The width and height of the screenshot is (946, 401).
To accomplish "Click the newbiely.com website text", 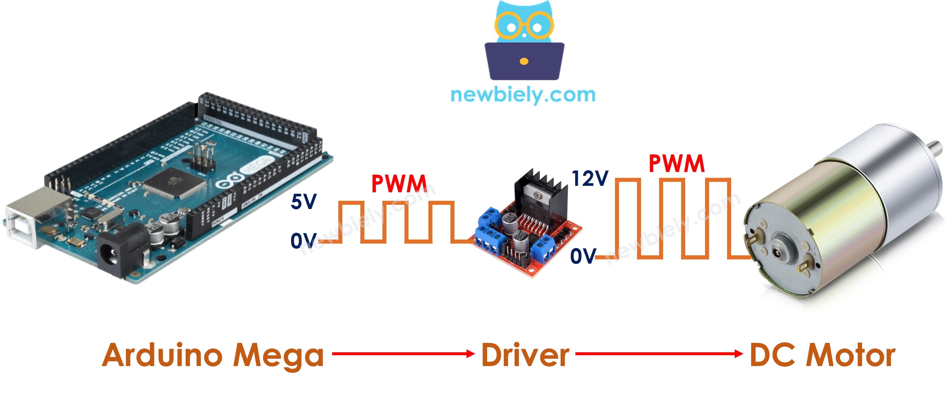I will pos(523,95).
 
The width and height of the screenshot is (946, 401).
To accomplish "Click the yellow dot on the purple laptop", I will pos(524,61).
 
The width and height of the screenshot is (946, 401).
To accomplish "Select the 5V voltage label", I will pos(303,202).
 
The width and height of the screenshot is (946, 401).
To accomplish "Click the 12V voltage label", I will pos(590,179).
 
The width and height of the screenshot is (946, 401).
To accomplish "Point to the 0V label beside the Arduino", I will pos(303,241).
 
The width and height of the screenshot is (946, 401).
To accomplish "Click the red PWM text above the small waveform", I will pos(399,184).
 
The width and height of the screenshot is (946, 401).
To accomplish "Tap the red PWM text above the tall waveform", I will pos(676,164).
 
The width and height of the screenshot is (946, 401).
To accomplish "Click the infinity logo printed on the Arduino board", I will pos(229,182).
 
